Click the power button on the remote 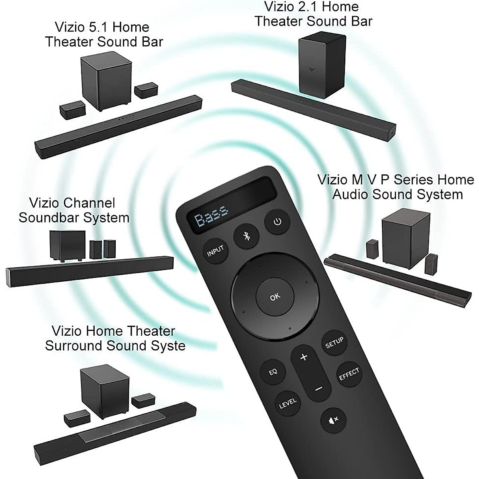tap(277, 222)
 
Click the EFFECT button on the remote tap(349, 374)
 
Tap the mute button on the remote tap(333, 419)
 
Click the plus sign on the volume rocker tap(304, 357)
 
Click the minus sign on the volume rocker tap(318, 388)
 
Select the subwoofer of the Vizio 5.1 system tap(106, 83)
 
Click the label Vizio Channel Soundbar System tap(74, 210)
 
